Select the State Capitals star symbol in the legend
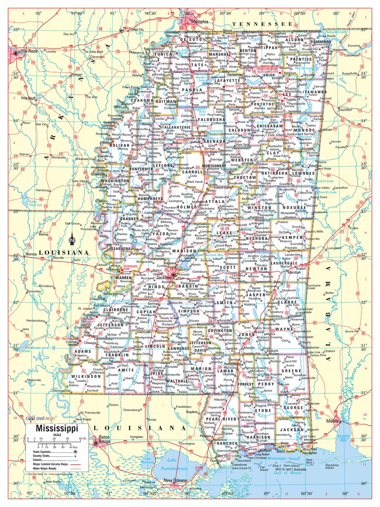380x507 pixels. click(x=76, y=451)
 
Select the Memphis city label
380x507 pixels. click(x=200, y=22)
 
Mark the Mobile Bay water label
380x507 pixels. click(x=343, y=438)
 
